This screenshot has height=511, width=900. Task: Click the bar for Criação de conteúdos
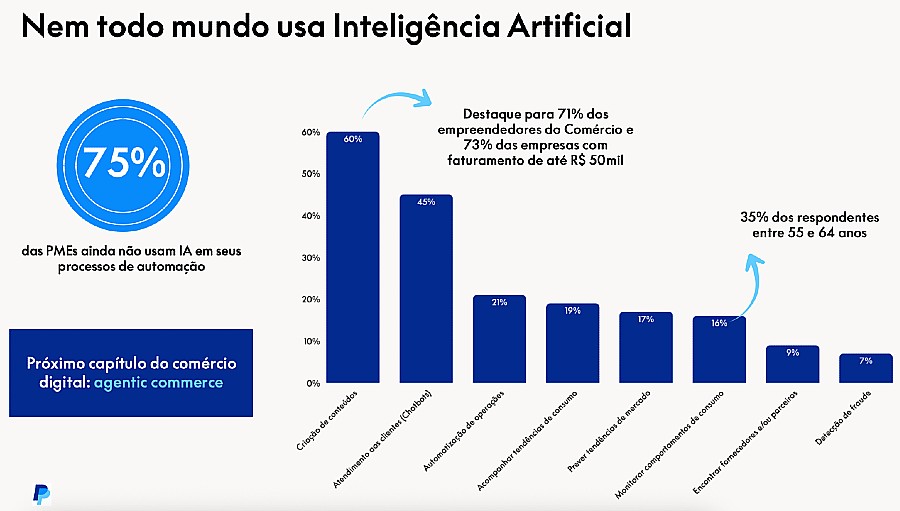point(353,260)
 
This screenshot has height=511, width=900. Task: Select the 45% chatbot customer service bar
point(426,290)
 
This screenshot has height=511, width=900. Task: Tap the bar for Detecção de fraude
point(866,369)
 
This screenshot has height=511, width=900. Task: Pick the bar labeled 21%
point(499,340)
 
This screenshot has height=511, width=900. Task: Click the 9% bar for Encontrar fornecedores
point(792,365)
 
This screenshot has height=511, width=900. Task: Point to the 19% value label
point(572,311)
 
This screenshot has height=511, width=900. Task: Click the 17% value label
point(645,319)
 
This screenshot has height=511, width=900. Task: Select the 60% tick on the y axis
point(311,132)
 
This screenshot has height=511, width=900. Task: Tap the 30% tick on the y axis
point(311,258)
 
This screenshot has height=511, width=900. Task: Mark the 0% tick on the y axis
point(313,383)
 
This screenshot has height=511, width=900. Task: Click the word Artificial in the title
point(570,26)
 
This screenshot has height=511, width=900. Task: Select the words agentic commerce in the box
point(166,383)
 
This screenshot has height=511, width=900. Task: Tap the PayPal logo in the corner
point(41,493)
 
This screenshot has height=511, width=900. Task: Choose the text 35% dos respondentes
point(809,217)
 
